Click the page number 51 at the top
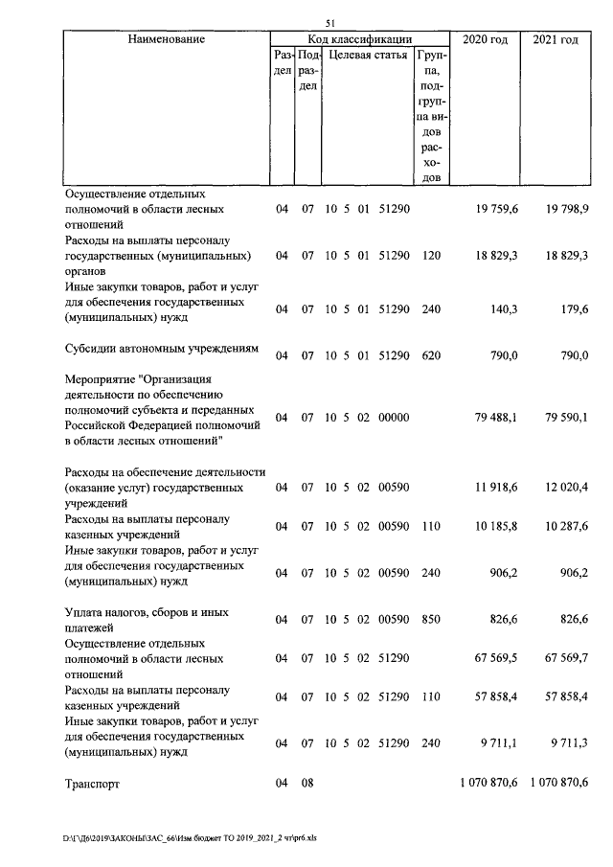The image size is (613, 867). pyautogui.click(x=330, y=24)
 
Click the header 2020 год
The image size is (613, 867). pyautogui.click(x=485, y=39)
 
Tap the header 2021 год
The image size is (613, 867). pyautogui.click(x=555, y=39)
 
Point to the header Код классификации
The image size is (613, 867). pyautogui.click(x=360, y=39)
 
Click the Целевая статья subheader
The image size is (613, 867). pyautogui.click(x=367, y=57)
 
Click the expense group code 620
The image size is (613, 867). pyautogui.click(x=431, y=355)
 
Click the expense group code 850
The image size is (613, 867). pyautogui.click(x=431, y=620)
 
